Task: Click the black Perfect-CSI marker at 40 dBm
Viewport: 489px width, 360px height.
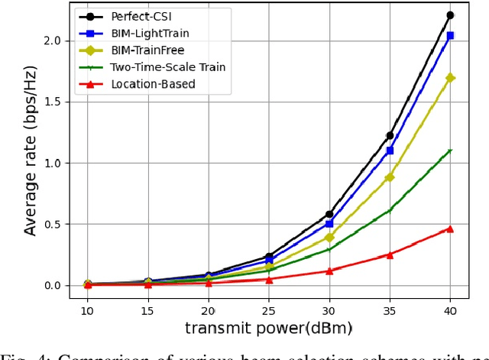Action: pyautogui.click(x=450, y=15)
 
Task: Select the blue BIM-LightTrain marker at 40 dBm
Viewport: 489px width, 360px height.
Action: pyautogui.click(x=450, y=35)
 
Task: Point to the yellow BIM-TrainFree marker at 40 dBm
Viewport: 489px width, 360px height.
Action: pyautogui.click(x=450, y=78)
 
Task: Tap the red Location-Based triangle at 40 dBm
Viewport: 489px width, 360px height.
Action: pyautogui.click(x=450, y=229)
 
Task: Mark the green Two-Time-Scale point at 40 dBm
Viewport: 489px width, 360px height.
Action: pyautogui.click(x=450, y=151)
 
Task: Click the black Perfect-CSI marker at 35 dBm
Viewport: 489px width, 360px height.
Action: pyautogui.click(x=390, y=135)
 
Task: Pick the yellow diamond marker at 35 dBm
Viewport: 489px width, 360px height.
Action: pyautogui.click(x=390, y=177)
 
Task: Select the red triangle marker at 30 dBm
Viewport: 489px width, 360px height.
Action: pyautogui.click(x=329, y=271)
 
